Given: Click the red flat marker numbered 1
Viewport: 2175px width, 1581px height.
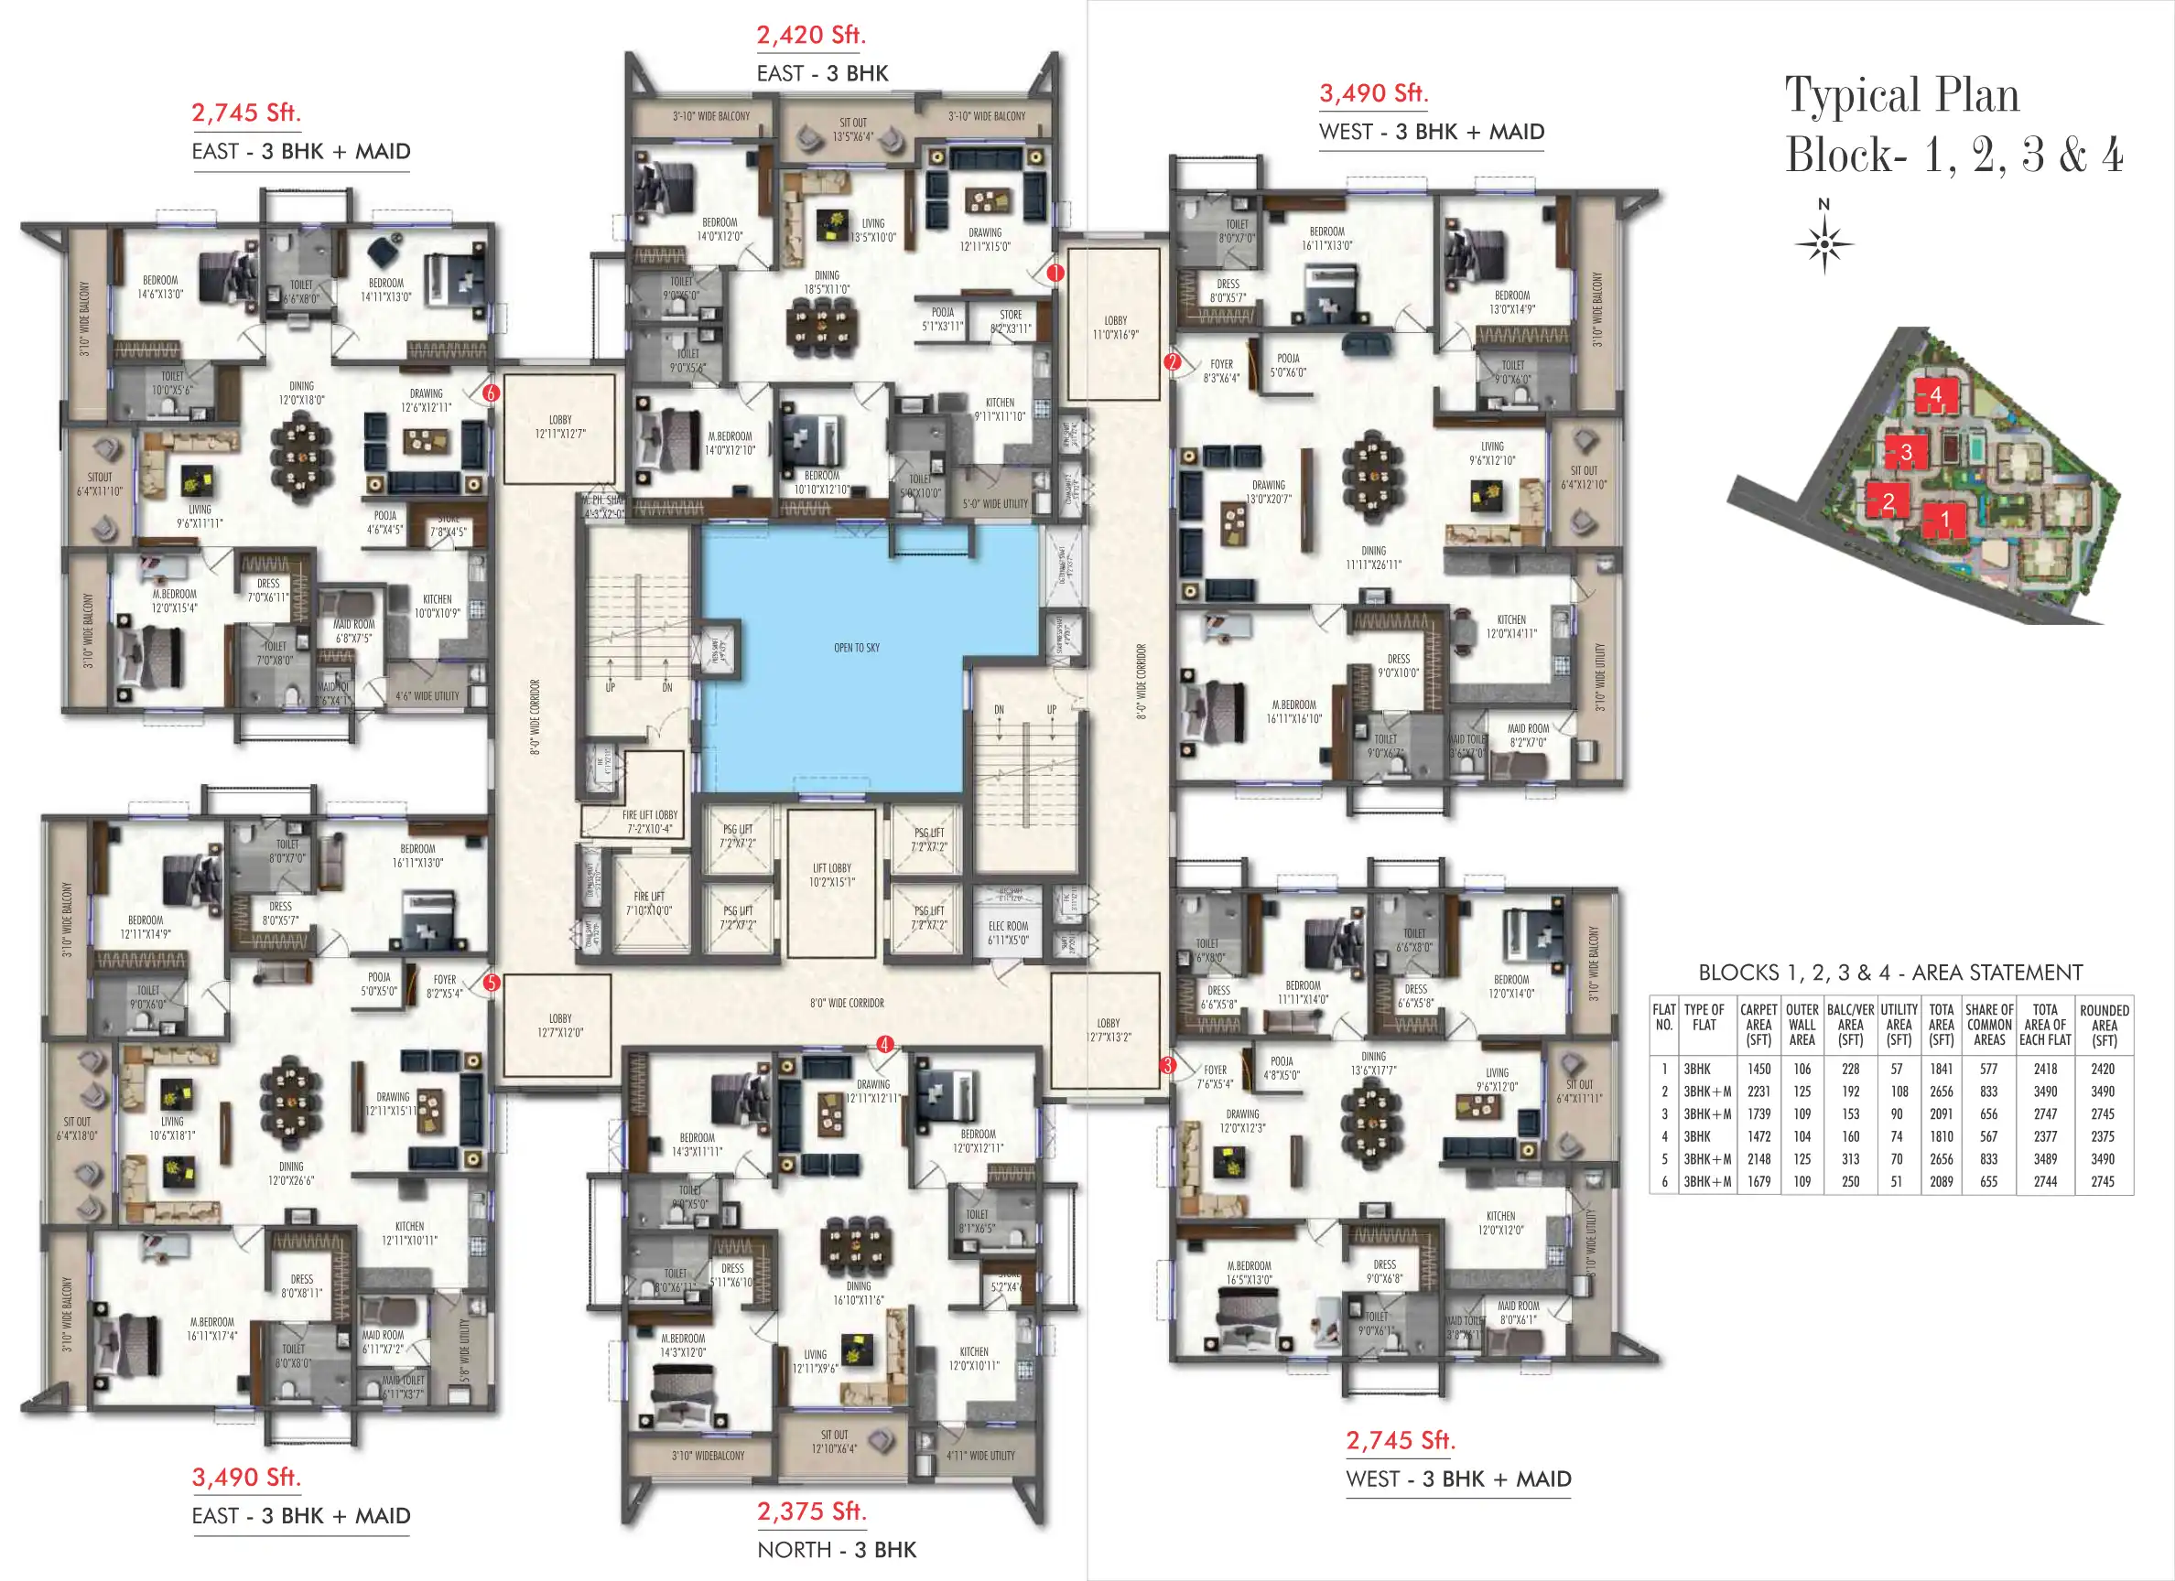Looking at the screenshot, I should click(1055, 274).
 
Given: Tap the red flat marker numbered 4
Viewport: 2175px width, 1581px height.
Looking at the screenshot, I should click(884, 1044).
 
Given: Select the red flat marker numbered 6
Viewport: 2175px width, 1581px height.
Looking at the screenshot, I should click(491, 393).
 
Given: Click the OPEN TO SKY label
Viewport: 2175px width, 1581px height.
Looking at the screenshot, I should click(857, 648).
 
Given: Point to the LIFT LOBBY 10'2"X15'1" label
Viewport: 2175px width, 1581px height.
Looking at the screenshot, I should click(831, 875).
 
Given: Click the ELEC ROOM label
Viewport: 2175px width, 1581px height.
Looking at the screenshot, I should click(1008, 933).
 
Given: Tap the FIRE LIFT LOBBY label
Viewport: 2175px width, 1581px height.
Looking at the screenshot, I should click(649, 822).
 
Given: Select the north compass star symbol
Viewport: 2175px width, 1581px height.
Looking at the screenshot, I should click(1824, 243).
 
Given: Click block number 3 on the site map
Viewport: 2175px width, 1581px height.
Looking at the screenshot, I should click(1907, 452).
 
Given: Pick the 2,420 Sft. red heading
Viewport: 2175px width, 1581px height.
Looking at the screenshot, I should click(810, 36).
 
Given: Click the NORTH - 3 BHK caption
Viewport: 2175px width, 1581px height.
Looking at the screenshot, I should click(837, 1549).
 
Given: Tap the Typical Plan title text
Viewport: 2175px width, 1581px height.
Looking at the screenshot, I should click(1900, 95).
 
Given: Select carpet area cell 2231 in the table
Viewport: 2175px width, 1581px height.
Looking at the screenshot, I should click(1758, 1092).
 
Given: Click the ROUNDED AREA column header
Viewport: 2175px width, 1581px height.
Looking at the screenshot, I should click(2104, 1025).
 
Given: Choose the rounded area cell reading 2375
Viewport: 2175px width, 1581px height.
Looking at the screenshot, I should click(2102, 1136).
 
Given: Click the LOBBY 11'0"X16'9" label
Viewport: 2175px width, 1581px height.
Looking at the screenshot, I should click(1115, 328).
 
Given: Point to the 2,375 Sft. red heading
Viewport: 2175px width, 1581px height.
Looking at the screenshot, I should click(810, 1511).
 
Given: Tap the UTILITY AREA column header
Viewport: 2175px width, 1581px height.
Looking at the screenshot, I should click(1899, 1025).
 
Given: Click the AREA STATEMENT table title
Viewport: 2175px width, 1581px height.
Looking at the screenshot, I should click(1890, 973).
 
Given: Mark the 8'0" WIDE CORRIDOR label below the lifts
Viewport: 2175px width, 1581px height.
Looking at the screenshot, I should click(847, 1003).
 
